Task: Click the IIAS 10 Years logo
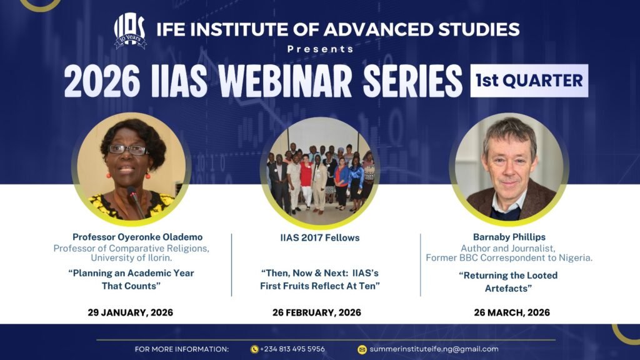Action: (x=130, y=31)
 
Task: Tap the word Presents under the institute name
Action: (x=321, y=49)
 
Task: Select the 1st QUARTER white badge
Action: (x=529, y=81)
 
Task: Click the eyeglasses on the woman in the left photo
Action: (x=127, y=150)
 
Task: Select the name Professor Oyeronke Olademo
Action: (x=137, y=237)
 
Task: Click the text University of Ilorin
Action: (x=131, y=258)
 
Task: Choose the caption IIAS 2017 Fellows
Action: (x=320, y=238)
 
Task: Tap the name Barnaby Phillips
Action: (x=509, y=237)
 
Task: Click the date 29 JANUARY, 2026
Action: (x=130, y=312)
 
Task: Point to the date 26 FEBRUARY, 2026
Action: (x=317, y=312)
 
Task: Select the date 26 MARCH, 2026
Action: (x=512, y=312)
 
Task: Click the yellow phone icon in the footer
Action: (x=254, y=349)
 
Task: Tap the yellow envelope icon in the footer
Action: (x=362, y=349)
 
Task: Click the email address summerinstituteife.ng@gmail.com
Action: (x=434, y=349)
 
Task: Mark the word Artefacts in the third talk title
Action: (x=508, y=289)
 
